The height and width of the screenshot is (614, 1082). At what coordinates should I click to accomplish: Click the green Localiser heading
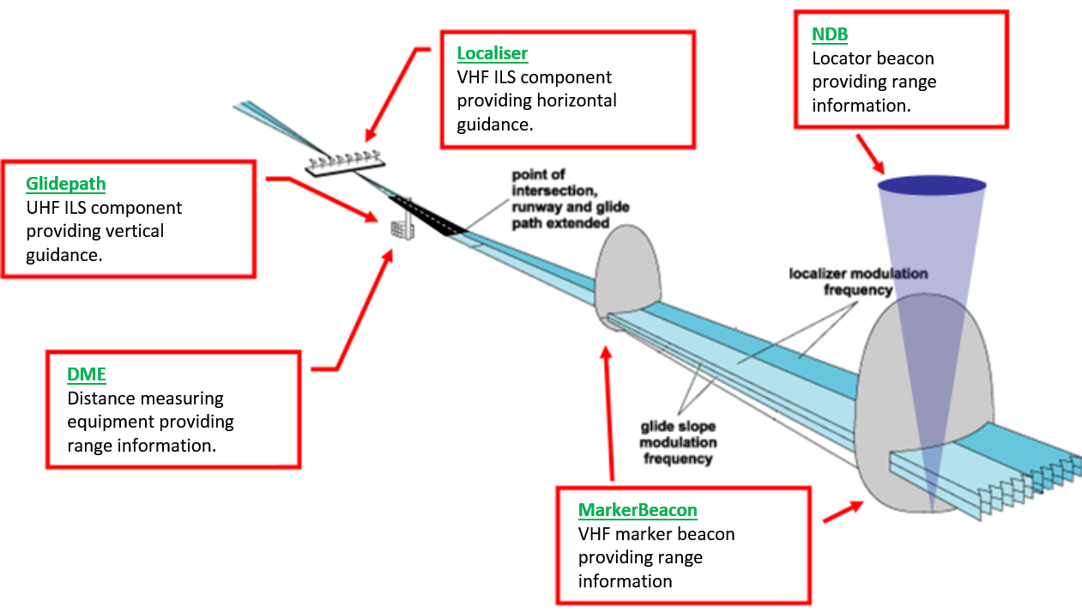492,54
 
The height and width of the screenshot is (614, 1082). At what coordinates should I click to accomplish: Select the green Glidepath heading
66,184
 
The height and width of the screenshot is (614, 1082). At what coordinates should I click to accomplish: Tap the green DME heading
86,374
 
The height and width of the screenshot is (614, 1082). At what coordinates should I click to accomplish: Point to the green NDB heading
830,34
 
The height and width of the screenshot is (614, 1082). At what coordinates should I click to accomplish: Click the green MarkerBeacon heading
638,511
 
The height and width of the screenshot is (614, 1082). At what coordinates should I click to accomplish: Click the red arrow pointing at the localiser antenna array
394,94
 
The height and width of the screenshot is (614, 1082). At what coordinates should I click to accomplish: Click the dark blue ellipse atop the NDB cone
931,185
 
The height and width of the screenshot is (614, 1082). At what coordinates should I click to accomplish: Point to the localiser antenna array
343,160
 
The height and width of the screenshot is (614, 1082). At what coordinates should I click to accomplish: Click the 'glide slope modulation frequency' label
677,442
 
